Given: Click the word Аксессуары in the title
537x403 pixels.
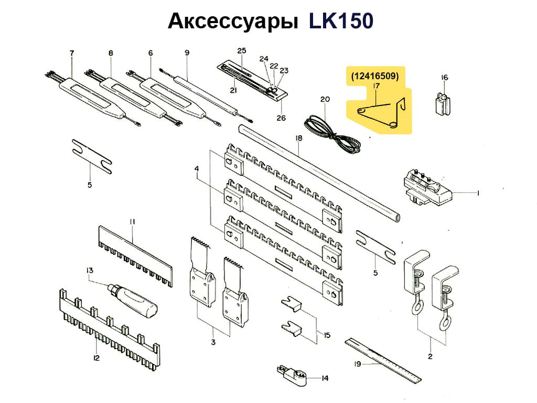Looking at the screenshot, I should tap(232, 23).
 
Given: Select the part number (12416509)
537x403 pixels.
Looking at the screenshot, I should tap(375, 76).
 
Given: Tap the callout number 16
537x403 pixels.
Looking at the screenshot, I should tap(445, 78).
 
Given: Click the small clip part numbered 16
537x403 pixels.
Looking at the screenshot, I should tap(442, 103).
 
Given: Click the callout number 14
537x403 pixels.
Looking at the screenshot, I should tap(325, 377).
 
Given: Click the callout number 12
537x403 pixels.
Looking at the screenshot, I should tap(96, 358).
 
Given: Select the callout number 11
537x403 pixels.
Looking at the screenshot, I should tap(133, 222).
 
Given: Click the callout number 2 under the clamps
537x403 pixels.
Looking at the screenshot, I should tap(430, 357).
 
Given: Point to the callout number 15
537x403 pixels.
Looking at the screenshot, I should tap(327, 335).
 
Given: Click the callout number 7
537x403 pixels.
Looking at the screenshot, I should tap(72, 52).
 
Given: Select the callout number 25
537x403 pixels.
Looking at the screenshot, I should tap(242, 51).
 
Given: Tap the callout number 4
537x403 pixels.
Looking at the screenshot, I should tap(197, 169).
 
